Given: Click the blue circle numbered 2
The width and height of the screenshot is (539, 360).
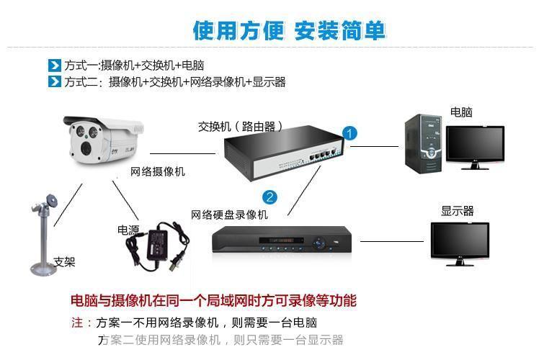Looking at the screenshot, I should [269, 197].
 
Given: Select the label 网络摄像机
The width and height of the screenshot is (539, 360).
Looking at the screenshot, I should [157, 171].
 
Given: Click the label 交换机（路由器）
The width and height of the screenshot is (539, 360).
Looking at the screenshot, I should [241, 127].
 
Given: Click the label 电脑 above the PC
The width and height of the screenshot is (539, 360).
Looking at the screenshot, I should [461, 112].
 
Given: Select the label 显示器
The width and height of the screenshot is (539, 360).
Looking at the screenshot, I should [457, 211].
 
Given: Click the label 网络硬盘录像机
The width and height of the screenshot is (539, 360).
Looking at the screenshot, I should [229, 215].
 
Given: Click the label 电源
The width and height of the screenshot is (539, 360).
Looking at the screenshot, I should [128, 230].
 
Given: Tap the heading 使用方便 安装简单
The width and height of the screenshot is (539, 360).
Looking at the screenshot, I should [289, 31].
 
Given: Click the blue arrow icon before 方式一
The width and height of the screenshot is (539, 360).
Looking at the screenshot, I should [54, 66].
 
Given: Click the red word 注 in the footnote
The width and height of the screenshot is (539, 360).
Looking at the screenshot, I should [77, 323].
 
